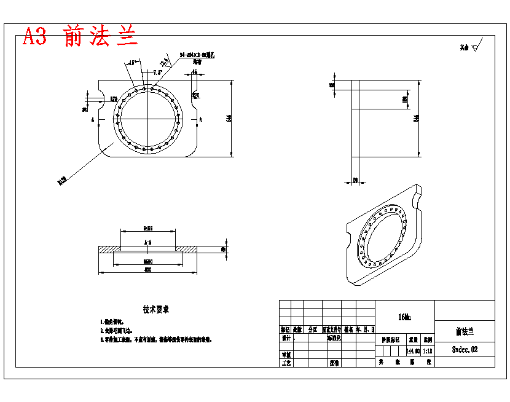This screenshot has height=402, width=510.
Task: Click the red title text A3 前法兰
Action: click(80, 37)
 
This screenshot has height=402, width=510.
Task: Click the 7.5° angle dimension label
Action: click(157, 72)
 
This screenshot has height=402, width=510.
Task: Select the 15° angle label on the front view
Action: click(131, 62)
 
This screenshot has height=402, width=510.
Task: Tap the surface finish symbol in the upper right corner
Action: click(477, 45)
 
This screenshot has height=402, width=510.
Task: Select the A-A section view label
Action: click(148, 243)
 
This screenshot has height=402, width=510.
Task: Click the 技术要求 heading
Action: click(156, 309)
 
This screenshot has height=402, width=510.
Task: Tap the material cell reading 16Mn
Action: click(404, 317)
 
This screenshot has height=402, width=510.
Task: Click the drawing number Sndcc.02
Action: click(465, 349)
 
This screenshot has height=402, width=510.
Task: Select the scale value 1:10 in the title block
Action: click(428, 350)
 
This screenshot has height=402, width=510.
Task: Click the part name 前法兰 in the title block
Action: click(465, 331)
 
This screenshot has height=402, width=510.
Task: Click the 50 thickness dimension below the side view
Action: click(355, 180)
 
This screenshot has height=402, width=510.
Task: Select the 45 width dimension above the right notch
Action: click(195, 72)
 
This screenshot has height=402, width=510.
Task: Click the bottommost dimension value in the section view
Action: click(147, 269)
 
